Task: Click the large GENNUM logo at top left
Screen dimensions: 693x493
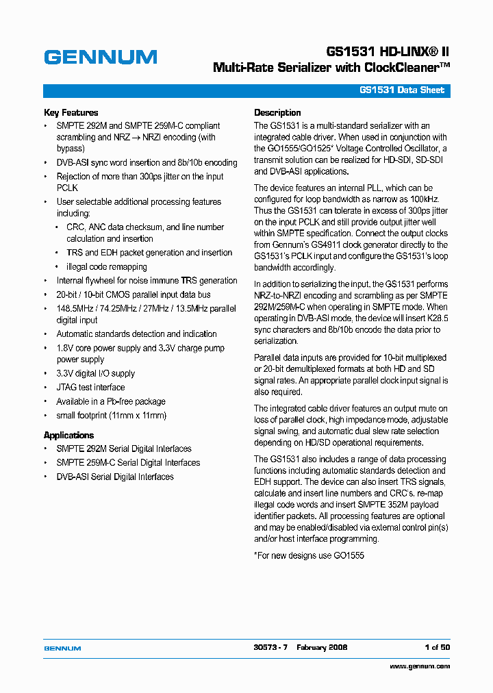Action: tap(101, 57)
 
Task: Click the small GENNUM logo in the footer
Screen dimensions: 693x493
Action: tap(62, 648)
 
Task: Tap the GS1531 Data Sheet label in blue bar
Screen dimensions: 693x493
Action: tap(402, 90)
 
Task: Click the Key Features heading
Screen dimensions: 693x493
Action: tap(71, 112)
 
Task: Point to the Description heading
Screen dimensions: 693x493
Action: tap(277, 112)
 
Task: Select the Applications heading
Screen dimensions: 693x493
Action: tap(68, 435)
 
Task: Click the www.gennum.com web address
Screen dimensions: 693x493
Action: tap(420, 666)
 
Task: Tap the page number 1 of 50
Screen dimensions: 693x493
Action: tap(437, 647)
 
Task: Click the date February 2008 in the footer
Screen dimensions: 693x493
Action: tap(322, 647)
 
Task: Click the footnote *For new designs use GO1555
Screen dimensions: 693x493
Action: tap(309, 555)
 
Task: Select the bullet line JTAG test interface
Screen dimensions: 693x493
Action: tap(90, 388)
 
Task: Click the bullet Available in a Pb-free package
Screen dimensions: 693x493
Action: tap(110, 401)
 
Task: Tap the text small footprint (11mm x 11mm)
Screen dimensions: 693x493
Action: tap(111, 415)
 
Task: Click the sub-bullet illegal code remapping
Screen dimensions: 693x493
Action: tap(106, 266)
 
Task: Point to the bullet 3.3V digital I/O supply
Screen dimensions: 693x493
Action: tap(95, 373)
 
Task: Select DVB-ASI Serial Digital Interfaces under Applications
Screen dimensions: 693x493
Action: tap(115, 477)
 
